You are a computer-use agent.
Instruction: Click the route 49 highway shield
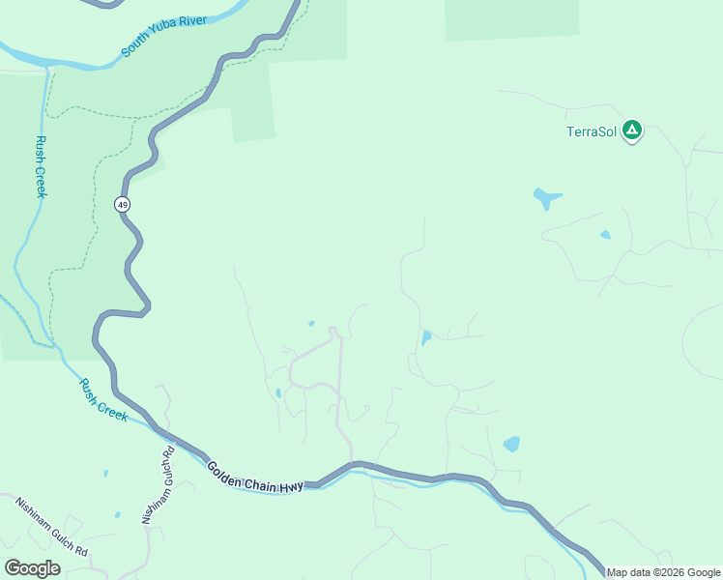(122, 204)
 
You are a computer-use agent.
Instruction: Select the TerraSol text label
(592, 132)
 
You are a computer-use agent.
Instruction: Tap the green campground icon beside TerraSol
(631, 129)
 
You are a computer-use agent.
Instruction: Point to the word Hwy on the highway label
(291, 484)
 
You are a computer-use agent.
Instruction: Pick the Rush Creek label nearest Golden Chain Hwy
(103, 399)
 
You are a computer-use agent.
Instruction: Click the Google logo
(33, 568)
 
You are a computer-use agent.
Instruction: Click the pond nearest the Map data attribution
(511, 445)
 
